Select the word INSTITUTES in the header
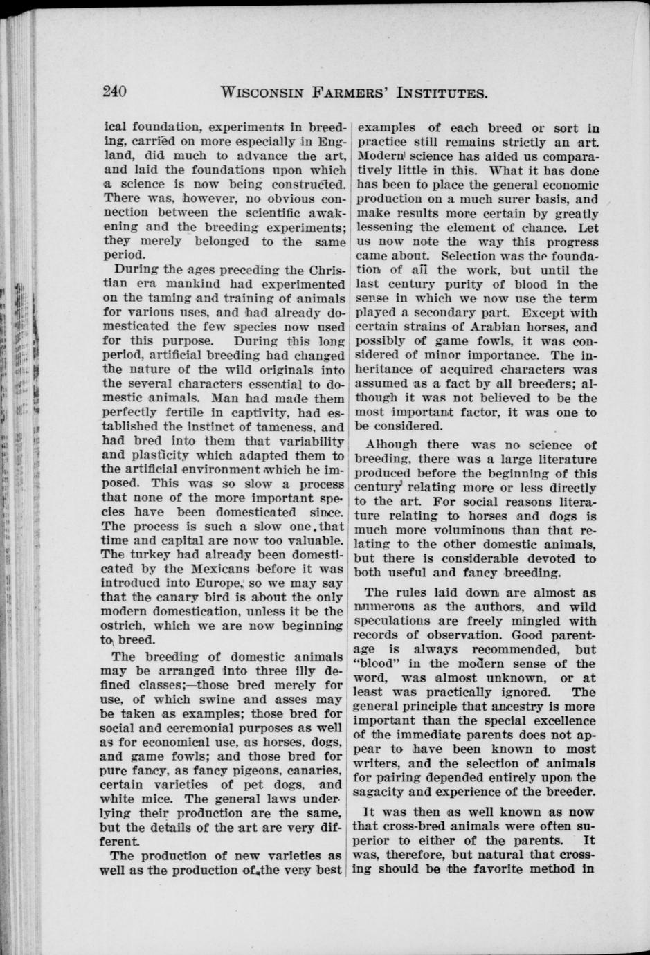(x=428, y=92)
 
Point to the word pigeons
(x=219, y=771)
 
